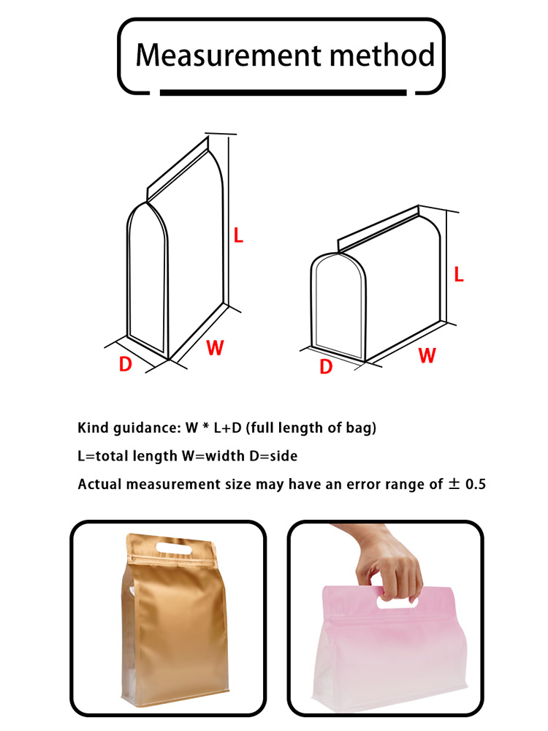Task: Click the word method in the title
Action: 383,54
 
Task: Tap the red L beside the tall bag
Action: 238,235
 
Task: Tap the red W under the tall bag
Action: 215,347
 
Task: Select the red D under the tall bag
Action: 126,363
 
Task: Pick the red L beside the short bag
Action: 459,274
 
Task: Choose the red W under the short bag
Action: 427,355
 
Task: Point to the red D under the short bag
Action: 326,366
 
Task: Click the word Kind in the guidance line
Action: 94,428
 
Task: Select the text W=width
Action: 213,455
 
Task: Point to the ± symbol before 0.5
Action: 454,484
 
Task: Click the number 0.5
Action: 476,484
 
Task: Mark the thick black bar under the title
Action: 283,92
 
